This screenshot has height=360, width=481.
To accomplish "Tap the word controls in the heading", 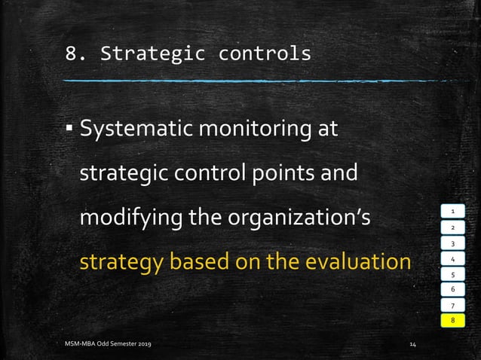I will [x=264, y=54].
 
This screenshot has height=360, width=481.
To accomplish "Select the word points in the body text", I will [x=285, y=173].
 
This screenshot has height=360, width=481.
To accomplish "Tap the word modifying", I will [x=124, y=218].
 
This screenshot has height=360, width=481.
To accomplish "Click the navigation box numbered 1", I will [x=453, y=212].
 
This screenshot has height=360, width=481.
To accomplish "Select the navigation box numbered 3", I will [x=453, y=243].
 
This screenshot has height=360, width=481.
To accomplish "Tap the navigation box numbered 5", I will [x=453, y=274].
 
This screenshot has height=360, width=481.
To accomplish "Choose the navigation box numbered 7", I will [x=453, y=305].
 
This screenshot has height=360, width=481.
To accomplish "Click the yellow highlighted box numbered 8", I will [x=453, y=321].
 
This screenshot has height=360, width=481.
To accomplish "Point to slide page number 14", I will [x=412, y=344].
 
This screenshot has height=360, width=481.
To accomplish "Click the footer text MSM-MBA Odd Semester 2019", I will [x=106, y=344].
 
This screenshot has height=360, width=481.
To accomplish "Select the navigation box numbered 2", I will [x=453, y=227].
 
